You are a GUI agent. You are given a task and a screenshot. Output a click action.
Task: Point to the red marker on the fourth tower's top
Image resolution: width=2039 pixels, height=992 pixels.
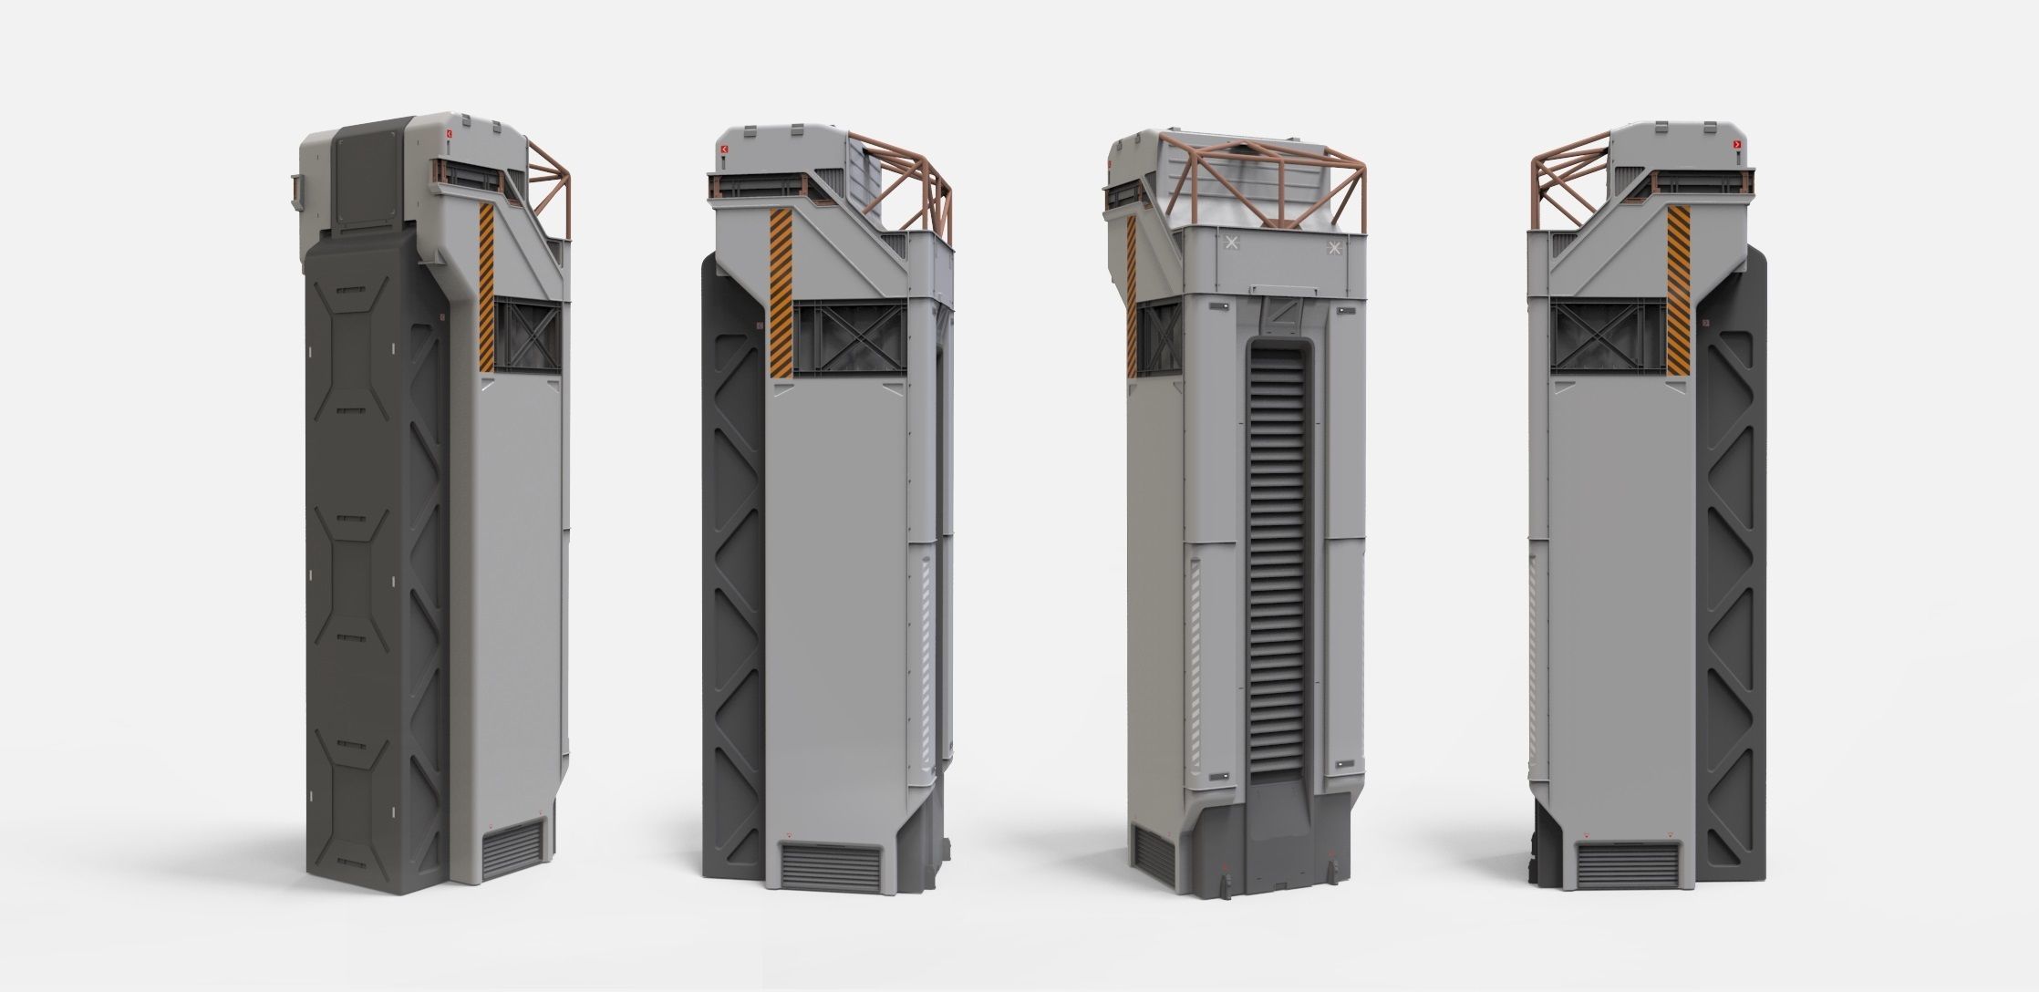point(1737,145)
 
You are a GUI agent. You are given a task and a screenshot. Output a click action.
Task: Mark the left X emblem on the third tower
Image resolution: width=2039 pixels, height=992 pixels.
point(1233,243)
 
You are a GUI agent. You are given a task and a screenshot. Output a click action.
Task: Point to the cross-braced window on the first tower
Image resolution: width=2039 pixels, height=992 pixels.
point(527,336)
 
